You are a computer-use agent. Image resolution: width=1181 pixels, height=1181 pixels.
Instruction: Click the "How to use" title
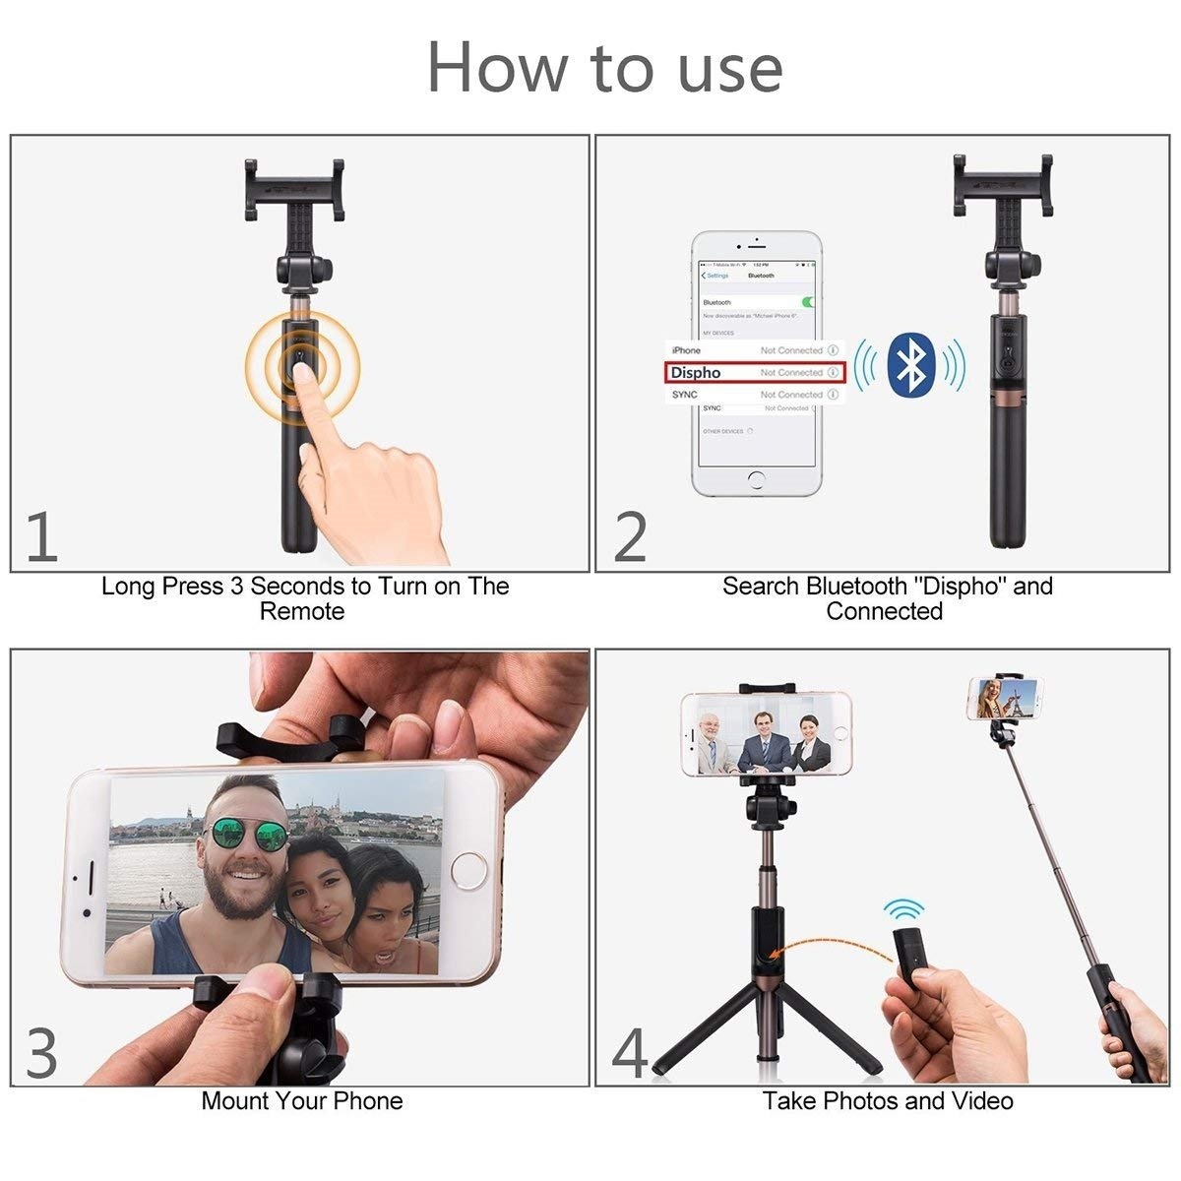coord(604,68)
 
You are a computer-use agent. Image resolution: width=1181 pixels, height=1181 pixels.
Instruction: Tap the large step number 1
coord(41,536)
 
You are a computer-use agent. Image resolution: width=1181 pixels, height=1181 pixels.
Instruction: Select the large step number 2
coord(630,536)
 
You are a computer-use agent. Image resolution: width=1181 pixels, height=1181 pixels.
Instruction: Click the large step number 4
coord(630,1052)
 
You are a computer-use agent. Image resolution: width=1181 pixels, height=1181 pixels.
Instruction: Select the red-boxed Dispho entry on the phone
coord(753,373)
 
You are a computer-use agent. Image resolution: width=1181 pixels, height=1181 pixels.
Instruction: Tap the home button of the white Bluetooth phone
coord(756,480)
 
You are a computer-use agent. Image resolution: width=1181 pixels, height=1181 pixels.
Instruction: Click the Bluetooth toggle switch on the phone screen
coord(808,302)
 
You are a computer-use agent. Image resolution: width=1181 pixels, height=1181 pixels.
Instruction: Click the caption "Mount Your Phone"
coord(301,1100)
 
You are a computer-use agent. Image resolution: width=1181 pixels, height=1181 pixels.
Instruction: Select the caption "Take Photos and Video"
coord(888,1100)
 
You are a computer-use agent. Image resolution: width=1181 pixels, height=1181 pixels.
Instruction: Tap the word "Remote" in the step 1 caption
coord(301,612)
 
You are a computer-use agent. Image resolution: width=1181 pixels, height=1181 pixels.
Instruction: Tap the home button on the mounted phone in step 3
coord(467,872)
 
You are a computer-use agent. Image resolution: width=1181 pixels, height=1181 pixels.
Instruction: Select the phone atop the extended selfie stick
coord(1004,698)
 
